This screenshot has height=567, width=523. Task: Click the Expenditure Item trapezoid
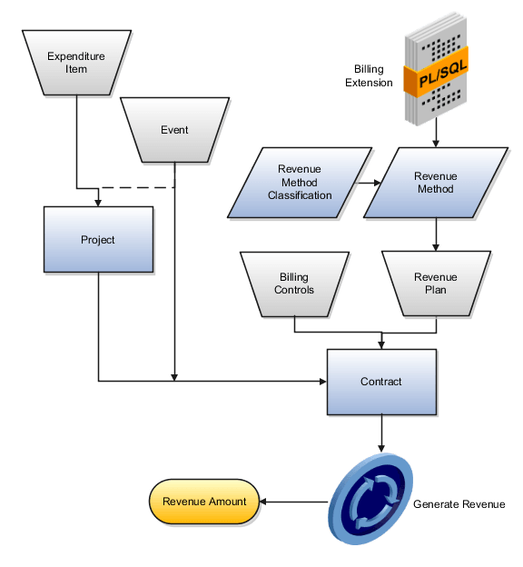click(76, 62)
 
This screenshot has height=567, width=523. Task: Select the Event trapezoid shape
click(174, 130)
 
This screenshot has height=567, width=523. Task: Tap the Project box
click(98, 240)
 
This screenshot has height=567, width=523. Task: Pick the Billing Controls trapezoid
click(293, 283)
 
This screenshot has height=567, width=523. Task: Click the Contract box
click(380, 382)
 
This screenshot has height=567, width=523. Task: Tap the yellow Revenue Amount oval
click(203, 502)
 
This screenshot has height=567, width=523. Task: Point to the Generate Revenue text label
click(459, 504)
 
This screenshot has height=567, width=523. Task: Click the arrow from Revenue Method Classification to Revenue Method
click(368, 183)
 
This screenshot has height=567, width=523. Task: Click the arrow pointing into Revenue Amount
click(292, 502)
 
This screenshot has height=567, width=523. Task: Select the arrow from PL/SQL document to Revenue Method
click(436, 134)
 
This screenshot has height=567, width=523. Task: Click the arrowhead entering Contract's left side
click(321, 381)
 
